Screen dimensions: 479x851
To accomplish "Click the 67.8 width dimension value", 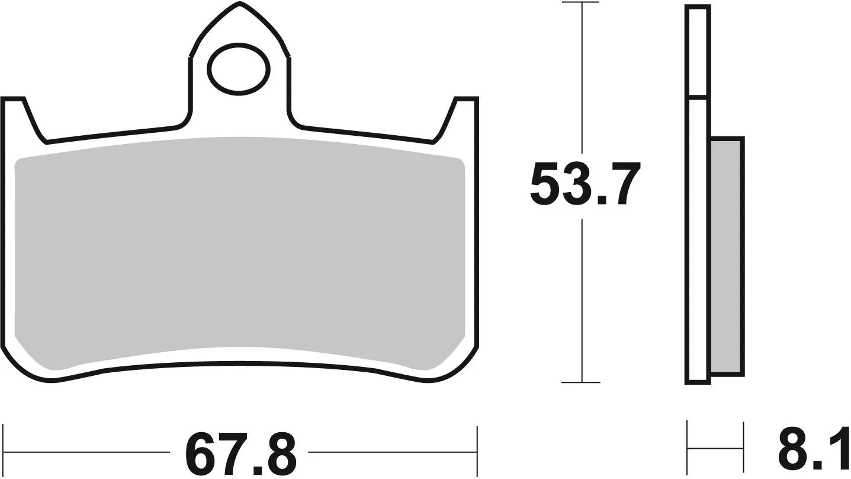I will click(x=240, y=454).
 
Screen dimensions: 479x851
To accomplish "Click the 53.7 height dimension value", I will click(x=585, y=185).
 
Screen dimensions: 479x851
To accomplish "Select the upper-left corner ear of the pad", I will click(x=15, y=107).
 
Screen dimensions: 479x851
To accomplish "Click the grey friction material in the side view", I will click(x=726, y=255).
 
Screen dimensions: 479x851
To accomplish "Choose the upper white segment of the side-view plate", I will click(x=697, y=50).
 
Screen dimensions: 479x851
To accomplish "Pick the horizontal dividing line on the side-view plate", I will click(x=697, y=96).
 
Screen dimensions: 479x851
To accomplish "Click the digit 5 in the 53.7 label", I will click(x=545, y=185).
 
